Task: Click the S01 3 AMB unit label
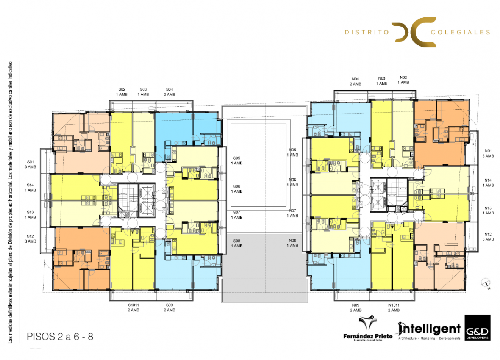(x=30, y=164)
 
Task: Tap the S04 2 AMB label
(x=169, y=92)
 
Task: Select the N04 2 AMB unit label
(x=355, y=81)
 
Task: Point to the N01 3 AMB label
(x=488, y=153)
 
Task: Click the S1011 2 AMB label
(x=133, y=307)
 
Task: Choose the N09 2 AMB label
(x=355, y=307)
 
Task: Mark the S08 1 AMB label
(x=237, y=243)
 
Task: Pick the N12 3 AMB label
(x=488, y=237)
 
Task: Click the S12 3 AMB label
(x=30, y=239)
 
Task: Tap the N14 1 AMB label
(x=488, y=183)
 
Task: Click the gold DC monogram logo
(x=414, y=32)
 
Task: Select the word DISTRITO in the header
(x=367, y=33)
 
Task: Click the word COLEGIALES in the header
(x=460, y=33)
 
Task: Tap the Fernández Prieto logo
(x=368, y=329)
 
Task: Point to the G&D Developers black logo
(x=477, y=327)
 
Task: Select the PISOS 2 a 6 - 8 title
(x=60, y=337)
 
